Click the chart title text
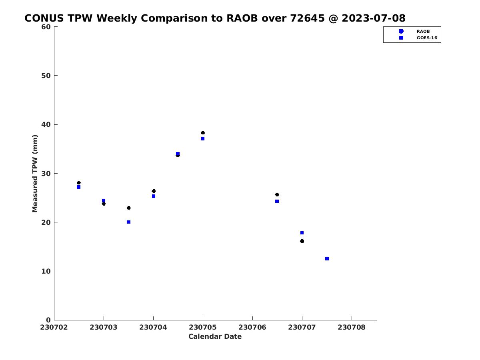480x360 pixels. [215, 18]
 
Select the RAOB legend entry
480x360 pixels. [414, 31]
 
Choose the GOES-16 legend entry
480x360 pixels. [418, 38]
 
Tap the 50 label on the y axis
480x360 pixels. [46, 76]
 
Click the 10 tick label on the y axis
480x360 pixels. [46, 271]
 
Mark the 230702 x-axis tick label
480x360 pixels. [54, 328]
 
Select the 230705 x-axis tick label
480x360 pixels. [203, 328]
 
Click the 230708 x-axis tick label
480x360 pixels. [352, 328]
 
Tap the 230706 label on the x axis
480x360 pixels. [252, 328]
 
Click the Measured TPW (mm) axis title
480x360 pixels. [35, 173]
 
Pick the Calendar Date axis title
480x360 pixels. [215, 337]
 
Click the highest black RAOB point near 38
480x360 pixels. [203, 133]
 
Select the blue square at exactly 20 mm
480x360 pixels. [128, 222]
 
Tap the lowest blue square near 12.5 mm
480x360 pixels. [327, 258]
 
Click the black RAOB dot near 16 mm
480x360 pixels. [302, 241]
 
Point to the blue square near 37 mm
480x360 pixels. [203, 138]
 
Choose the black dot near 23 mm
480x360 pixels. [129, 208]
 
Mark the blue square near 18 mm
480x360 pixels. [302, 233]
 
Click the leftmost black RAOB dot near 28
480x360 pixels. [79, 183]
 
